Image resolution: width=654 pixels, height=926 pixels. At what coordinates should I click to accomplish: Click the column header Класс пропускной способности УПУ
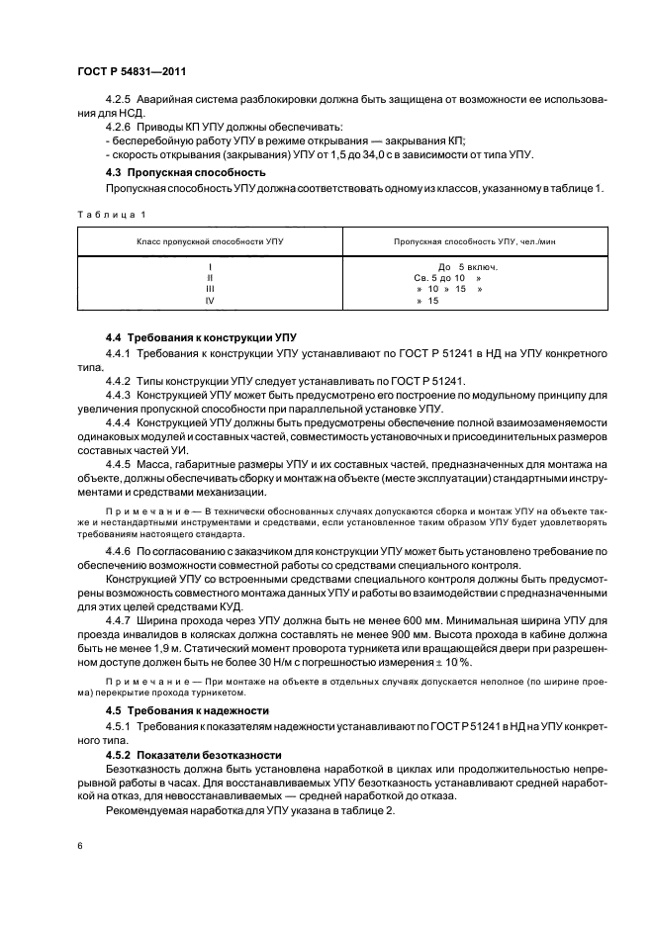click(x=209, y=240)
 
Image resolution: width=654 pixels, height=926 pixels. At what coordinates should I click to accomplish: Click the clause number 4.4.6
click(x=119, y=548)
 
